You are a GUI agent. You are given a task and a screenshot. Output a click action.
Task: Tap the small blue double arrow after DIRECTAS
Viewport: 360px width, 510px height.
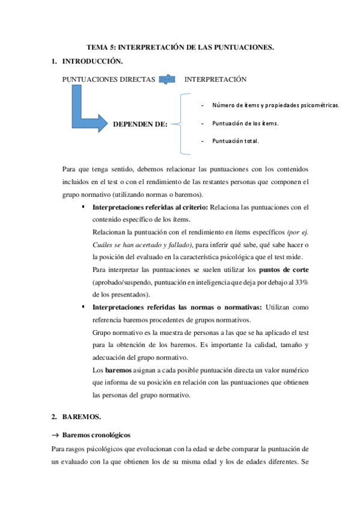coord(167,79)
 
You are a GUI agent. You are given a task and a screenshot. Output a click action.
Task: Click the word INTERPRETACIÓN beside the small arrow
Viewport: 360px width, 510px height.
coord(215,79)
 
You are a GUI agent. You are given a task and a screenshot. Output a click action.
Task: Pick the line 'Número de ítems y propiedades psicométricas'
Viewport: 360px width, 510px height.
coord(276,105)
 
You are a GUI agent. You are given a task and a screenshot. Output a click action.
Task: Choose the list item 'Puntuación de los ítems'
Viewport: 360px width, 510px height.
coord(245,123)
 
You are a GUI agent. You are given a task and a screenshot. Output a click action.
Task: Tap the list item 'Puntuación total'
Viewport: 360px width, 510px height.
coord(235,141)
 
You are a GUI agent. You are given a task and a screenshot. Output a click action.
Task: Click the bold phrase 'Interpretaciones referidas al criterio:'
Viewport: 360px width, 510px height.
coord(150,207)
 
